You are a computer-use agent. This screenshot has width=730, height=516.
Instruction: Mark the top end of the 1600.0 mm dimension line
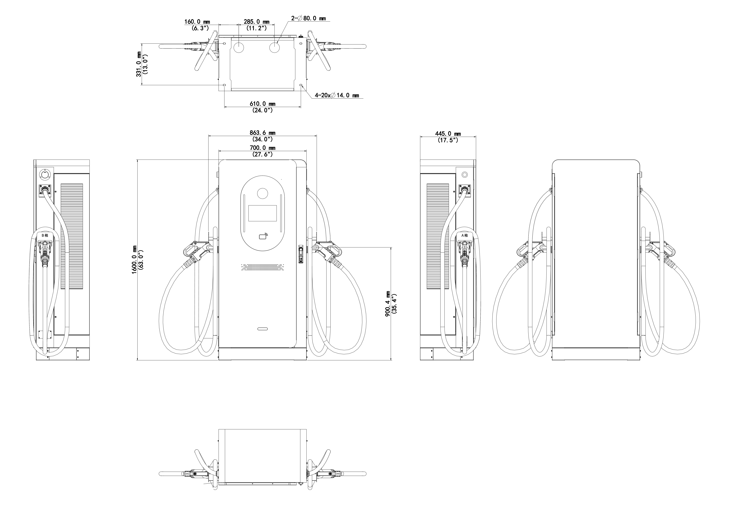pos(137,160)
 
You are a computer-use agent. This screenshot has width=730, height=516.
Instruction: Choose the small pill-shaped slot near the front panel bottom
pos(263,329)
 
